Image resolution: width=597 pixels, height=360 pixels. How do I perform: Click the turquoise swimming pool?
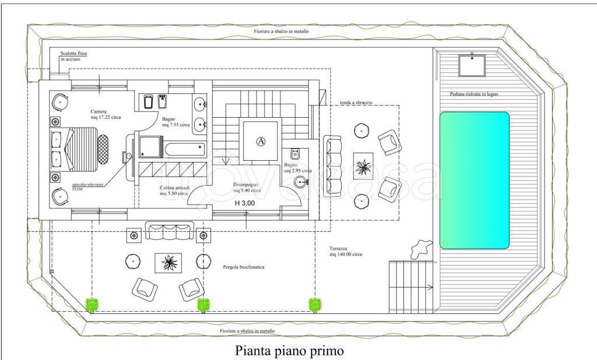coord(475,181)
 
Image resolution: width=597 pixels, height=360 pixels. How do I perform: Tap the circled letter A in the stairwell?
coord(261,142)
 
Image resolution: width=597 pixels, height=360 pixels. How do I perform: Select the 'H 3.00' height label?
coord(245,203)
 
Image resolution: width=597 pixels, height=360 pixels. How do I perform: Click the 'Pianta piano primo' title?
coord(289,350)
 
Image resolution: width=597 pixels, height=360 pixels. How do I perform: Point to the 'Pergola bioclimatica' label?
coord(244,267)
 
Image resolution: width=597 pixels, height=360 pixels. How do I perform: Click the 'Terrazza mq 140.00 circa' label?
coord(346,251)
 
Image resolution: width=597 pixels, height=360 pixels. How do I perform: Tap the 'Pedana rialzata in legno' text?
coord(474,94)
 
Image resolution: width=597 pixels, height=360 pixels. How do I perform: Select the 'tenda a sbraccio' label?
coord(356,103)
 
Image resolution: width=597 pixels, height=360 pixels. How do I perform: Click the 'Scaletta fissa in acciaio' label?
coord(73,56)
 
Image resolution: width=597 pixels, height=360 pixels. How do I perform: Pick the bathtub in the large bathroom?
coord(185,149)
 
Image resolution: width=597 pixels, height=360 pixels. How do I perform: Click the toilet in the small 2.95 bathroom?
coord(294,154)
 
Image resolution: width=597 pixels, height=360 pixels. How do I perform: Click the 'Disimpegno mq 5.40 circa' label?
coord(247,187)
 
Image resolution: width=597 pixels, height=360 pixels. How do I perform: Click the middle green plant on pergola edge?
coord(203,305)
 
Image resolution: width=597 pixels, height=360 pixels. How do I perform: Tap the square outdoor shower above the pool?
coord(472,66)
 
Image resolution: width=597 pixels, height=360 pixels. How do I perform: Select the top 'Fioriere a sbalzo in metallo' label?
coord(282,31)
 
